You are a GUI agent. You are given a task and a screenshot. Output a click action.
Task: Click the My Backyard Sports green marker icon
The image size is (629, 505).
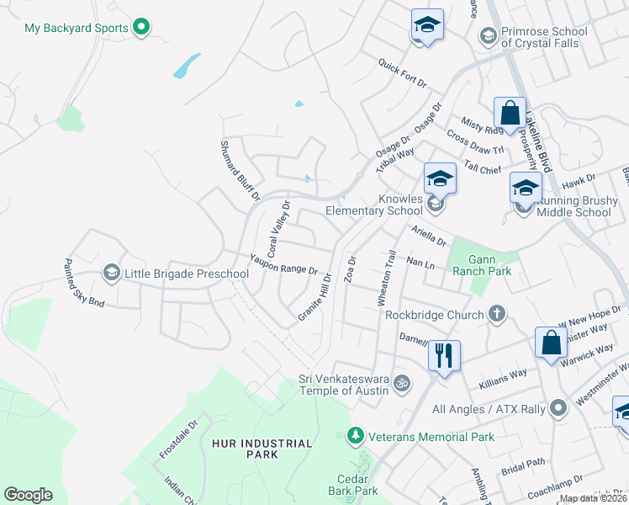pos(142,28)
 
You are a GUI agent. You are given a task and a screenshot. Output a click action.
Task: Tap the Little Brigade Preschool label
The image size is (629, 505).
pos(187,274)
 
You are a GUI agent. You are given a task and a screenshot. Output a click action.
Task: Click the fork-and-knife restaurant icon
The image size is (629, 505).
pos(444,355)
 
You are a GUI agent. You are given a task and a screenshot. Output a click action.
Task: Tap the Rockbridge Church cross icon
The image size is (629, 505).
pos(497,315)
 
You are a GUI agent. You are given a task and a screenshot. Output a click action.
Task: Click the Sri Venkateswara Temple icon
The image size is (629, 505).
pos(403,384)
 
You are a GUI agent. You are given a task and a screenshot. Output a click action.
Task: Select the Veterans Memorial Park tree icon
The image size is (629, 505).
pos(355,436)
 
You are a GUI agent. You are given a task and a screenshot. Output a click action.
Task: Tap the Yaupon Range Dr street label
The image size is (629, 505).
pos(283,264)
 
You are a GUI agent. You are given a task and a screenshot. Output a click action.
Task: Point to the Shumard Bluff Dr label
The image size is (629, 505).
pos(240,171)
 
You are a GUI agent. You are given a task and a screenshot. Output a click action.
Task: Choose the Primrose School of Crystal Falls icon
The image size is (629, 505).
pos(487,35)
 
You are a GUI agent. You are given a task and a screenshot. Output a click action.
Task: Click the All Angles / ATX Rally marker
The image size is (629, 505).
pos(556,409)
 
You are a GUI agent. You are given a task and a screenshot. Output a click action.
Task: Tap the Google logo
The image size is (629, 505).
pos(28,495)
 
